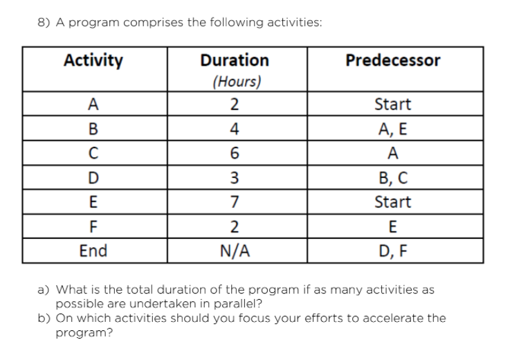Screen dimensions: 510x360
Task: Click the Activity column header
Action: (x=93, y=60)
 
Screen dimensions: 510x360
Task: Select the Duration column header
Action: (x=235, y=60)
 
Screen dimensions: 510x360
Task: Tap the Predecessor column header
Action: (x=392, y=60)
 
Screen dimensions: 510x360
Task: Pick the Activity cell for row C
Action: (x=93, y=153)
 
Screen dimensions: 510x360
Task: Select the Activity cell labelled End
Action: (x=93, y=251)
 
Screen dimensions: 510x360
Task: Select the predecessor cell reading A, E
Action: (x=392, y=129)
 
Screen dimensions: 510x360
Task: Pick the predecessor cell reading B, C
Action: (x=392, y=178)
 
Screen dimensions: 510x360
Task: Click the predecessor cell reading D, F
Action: (x=392, y=251)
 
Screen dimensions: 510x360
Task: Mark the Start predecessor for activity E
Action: (x=392, y=202)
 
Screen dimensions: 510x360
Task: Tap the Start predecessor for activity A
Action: (x=392, y=105)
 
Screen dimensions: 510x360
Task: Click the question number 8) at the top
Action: (x=43, y=22)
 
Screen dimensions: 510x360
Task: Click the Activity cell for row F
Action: (x=93, y=226)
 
